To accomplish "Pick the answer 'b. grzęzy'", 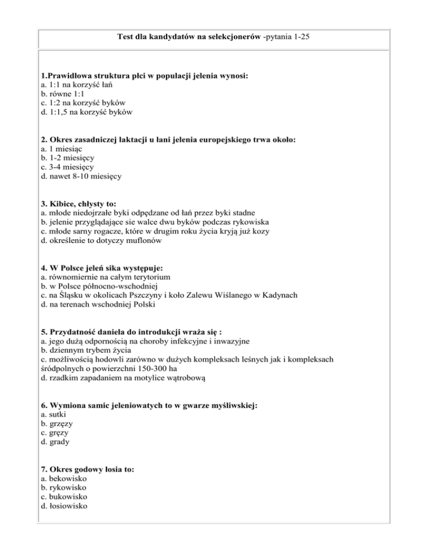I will point(57,423).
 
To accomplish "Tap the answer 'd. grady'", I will point(54,442).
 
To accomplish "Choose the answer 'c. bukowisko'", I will point(65,496).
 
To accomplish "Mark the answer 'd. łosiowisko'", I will point(65,506).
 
